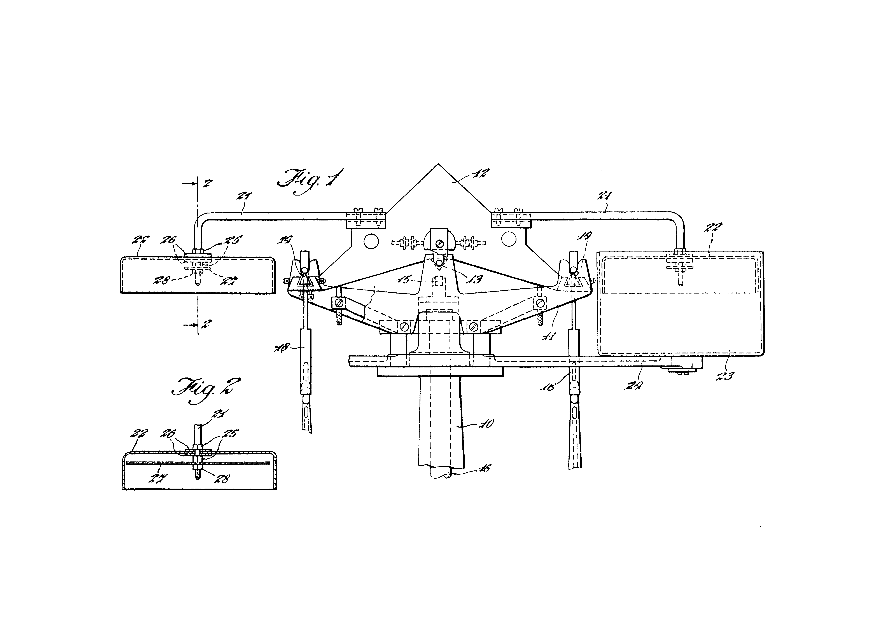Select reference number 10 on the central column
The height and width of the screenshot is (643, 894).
(487, 424)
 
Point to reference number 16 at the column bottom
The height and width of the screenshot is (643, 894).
(484, 468)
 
